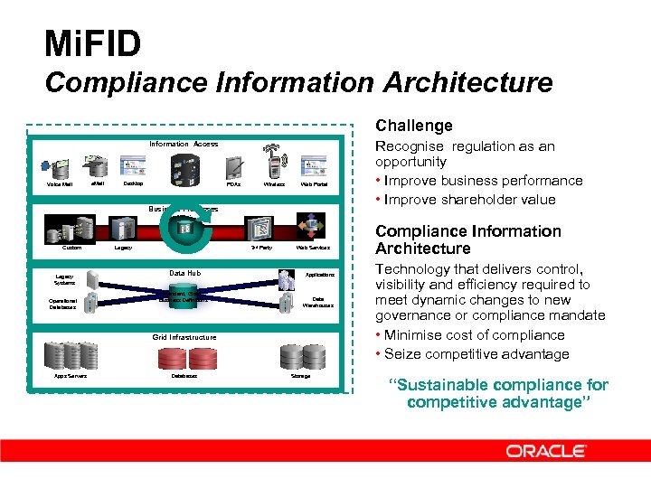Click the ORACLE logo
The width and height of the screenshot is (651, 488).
tap(546, 450)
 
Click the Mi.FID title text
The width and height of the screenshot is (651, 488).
tap(93, 43)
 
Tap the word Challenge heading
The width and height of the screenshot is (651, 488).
tap(413, 126)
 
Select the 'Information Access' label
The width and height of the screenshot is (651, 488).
tap(184, 144)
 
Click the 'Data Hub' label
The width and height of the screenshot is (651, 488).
tap(184, 273)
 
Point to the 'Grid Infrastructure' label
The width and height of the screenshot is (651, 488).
tap(184, 337)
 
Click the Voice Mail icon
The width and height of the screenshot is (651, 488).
tap(61, 168)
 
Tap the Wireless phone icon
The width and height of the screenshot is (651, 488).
tap(276, 166)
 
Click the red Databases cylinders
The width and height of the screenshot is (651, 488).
tap(184, 358)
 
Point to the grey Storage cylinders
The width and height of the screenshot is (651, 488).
tap(300, 356)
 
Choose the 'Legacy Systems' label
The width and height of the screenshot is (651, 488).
tap(65, 279)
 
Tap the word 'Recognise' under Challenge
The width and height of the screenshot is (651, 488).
tap(409, 146)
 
